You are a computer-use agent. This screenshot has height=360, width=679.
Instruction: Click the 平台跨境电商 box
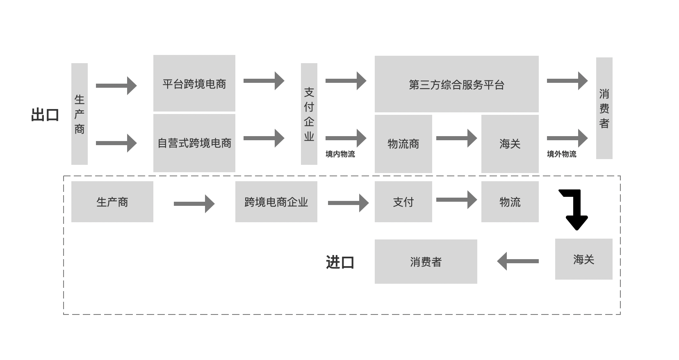pos(194,83)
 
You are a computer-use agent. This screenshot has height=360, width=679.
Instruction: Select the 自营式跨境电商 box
pos(194,143)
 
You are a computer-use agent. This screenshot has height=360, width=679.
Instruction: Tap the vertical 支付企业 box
pos(309,114)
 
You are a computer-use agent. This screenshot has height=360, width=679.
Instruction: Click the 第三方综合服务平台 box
pos(456,84)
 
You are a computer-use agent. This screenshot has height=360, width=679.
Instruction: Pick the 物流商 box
pos(403,144)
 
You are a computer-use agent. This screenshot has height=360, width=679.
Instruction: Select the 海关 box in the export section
pos(510,144)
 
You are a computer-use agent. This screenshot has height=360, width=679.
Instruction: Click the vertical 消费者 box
pos(604,108)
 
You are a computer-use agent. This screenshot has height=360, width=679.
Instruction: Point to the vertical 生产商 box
pos(79,114)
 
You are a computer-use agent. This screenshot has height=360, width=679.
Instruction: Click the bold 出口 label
pos(45,115)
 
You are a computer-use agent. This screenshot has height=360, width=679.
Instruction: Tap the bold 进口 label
pos(340,262)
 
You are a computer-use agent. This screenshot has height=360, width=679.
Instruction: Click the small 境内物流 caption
pos(340,154)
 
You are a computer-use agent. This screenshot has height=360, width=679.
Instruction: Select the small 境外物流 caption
pos(561,154)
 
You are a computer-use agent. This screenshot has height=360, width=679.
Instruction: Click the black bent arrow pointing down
pos(575,209)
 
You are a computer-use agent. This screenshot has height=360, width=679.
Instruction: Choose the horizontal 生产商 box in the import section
pos(112,202)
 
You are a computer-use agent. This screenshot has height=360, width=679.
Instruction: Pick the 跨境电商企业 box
pos(276,202)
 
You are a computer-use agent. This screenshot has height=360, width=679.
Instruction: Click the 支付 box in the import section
pos(403,202)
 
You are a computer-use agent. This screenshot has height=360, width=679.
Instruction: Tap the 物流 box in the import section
pos(510,202)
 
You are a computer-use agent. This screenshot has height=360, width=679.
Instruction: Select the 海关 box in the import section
pos(583,259)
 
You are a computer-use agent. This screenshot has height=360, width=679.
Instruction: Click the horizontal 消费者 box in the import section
pos(426,262)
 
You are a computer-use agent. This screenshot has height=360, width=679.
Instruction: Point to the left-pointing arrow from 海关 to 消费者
pos(518,261)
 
